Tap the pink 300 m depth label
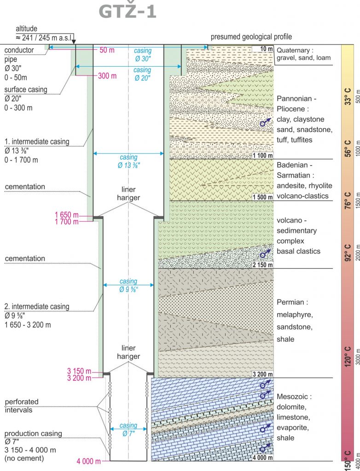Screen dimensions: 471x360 pos(107,76)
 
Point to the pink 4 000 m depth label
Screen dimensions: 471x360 pos(88,461)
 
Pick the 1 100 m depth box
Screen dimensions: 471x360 pos(263,155)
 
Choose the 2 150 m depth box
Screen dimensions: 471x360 pos(263,265)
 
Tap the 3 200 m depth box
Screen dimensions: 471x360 pos(263,374)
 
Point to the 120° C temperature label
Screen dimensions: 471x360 pos(348,356)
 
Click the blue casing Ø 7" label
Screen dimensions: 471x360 pos(128,429)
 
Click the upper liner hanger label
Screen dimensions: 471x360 pos(128,194)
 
